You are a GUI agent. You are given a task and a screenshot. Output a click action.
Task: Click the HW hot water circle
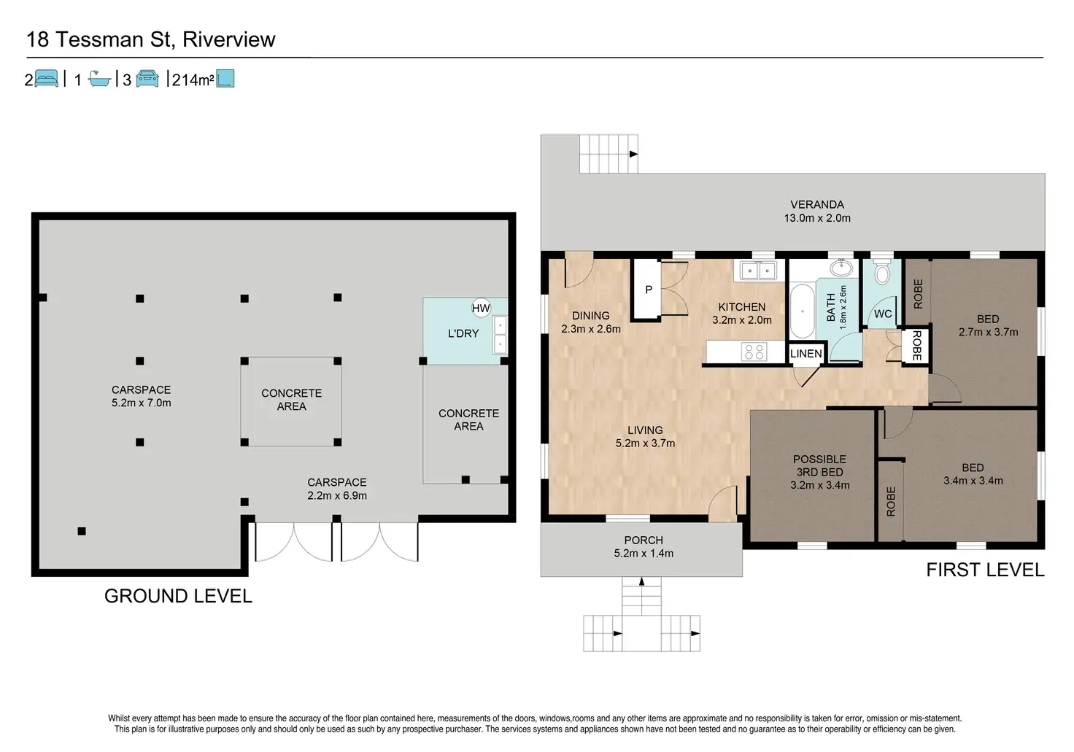(481, 309)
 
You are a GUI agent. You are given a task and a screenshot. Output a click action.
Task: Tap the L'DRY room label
(463, 333)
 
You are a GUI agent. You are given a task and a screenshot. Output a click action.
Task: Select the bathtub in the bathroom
(802, 311)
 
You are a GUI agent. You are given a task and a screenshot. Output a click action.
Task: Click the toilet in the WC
(881, 271)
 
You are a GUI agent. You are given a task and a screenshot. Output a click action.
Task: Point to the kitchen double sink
(759, 271)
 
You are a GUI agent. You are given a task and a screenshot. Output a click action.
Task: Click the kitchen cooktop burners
(754, 352)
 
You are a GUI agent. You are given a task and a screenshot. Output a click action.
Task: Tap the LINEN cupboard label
(806, 354)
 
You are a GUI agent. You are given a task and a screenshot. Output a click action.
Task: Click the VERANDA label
(817, 205)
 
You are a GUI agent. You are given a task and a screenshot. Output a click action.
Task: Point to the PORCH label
(644, 540)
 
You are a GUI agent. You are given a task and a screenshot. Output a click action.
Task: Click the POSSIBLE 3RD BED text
(819, 465)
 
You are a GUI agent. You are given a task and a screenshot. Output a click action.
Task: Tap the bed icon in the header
(47, 78)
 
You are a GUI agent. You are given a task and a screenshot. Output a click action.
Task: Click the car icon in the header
(147, 79)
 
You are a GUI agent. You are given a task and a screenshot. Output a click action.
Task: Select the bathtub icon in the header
(99, 79)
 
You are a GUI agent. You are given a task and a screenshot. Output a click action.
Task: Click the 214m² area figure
(193, 80)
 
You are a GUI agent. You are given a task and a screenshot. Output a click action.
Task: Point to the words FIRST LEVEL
(985, 570)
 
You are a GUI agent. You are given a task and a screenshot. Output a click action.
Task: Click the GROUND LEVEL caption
(178, 596)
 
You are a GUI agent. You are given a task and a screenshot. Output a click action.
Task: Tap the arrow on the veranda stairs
(633, 155)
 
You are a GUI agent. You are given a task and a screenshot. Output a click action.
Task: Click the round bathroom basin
(841, 268)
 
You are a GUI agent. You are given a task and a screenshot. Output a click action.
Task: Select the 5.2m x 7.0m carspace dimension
(142, 403)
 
